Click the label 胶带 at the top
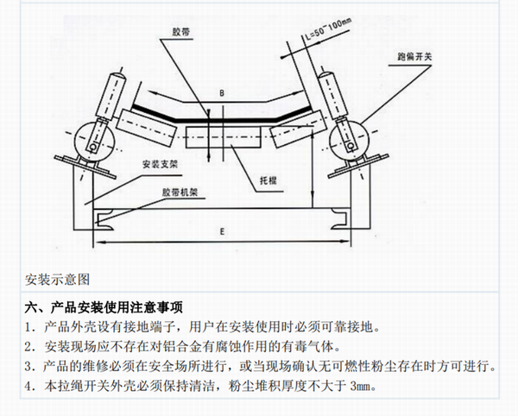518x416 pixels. pyautogui.click(x=181, y=32)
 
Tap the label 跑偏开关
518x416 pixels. pyautogui.click(x=414, y=57)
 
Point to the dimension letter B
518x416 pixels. pyautogui.click(x=222, y=93)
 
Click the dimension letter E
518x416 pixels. pyautogui.click(x=222, y=231)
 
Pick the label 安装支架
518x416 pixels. pyautogui.click(x=161, y=164)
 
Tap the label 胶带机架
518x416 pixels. pyautogui.click(x=180, y=192)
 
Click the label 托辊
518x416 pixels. pyautogui.click(x=268, y=180)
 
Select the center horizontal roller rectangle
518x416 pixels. pyautogui.click(x=224, y=137)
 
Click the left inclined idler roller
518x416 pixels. pyautogui.click(x=146, y=128)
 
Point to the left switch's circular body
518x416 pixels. pyautogui.click(x=94, y=142)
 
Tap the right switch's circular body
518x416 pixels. pyautogui.click(x=349, y=142)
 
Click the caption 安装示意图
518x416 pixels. pyautogui.click(x=58, y=280)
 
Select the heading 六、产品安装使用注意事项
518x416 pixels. pyautogui.click(x=104, y=307)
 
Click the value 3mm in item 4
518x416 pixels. pyautogui.click(x=363, y=386)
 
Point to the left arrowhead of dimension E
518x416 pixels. pyautogui.click(x=98, y=242)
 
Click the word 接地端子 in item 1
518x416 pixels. pyautogui.click(x=148, y=327)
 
